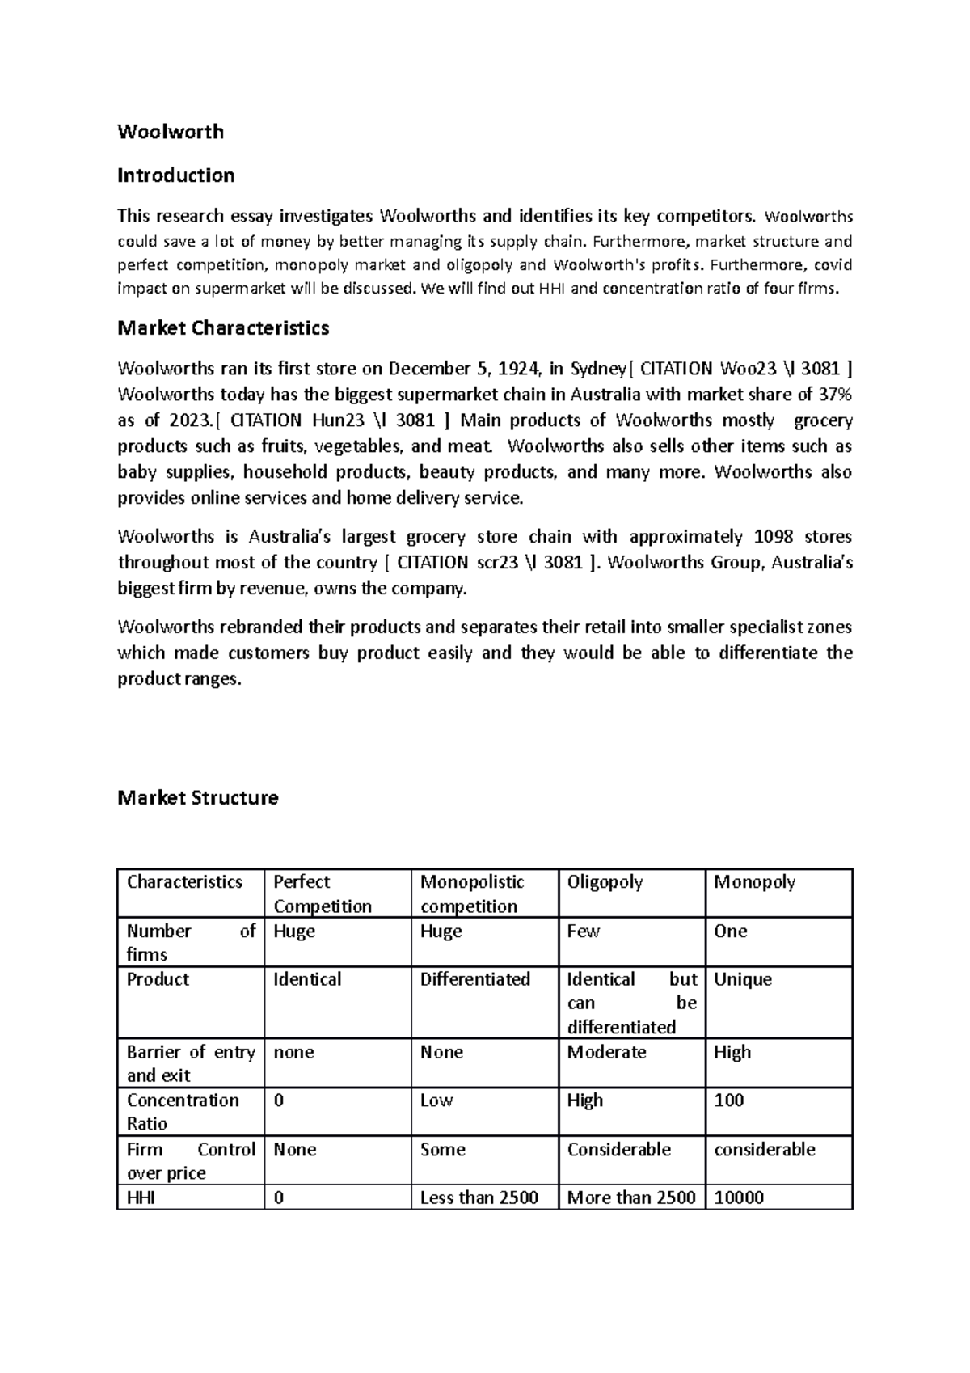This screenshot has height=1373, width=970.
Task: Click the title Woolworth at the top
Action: (x=171, y=132)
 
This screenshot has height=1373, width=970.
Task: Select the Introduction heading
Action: (x=175, y=175)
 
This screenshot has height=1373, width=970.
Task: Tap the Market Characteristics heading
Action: (x=223, y=328)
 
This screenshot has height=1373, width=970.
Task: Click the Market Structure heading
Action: (x=197, y=798)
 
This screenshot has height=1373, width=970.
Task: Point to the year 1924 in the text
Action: (x=517, y=370)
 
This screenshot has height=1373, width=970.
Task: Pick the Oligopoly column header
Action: (x=605, y=882)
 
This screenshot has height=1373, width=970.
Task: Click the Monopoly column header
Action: (x=754, y=882)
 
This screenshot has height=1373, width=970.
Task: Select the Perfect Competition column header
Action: (x=323, y=894)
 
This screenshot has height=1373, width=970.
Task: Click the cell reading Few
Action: (x=583, y=932)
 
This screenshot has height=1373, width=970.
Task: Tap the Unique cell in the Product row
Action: (x=742, y=980)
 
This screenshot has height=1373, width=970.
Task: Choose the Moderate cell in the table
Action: (x=606, y=1053)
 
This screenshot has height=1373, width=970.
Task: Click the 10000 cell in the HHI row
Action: (x=738, y=1198)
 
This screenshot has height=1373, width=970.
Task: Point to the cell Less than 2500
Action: (x=479, y=1198)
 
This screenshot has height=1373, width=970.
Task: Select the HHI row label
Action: (x=141, y=1198)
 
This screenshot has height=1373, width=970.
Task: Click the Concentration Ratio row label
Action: (x=183, y=1112)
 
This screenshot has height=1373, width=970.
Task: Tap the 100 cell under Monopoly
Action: (x=728, y=1101)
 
